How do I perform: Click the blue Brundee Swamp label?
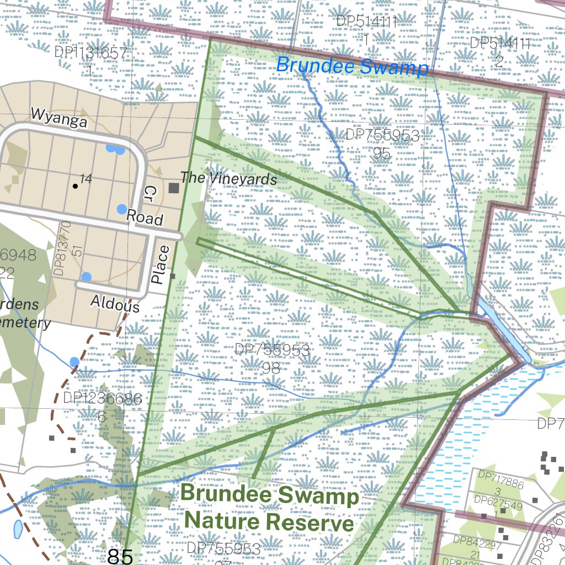(x=352, y=66)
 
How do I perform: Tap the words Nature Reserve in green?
(x=269, y=521)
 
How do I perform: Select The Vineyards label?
(x=228, y=178)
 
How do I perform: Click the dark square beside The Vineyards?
(x=174, y=188)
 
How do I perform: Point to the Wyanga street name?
(x=59, y=118)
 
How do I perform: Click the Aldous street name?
(x=115, y=303)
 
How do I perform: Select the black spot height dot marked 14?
(x=76, y=186)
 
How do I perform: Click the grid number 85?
(x=120, y=556)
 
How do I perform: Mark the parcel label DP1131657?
(x=91, y=53)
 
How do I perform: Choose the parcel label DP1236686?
(x=103, y=398)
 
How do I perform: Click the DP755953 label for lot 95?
(x=382, y=136)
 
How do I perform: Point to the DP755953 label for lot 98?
(x=271, y=350)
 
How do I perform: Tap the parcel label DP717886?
(x=500, y=476)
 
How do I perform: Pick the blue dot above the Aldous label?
(x=86, y=276)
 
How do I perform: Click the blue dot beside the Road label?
(x=122, y=209)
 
